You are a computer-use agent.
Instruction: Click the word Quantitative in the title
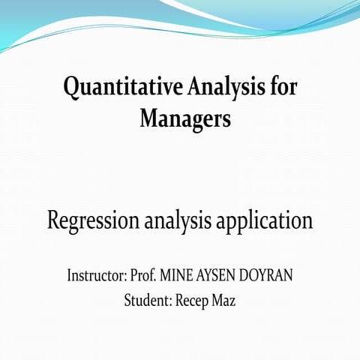tap(116, 88)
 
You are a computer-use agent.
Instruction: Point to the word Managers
tap(184, 118)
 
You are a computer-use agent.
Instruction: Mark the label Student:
tap(148, 301)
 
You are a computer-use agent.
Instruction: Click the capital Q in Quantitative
tap(71, 88)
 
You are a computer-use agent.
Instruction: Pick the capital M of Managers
tap(148, 118)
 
